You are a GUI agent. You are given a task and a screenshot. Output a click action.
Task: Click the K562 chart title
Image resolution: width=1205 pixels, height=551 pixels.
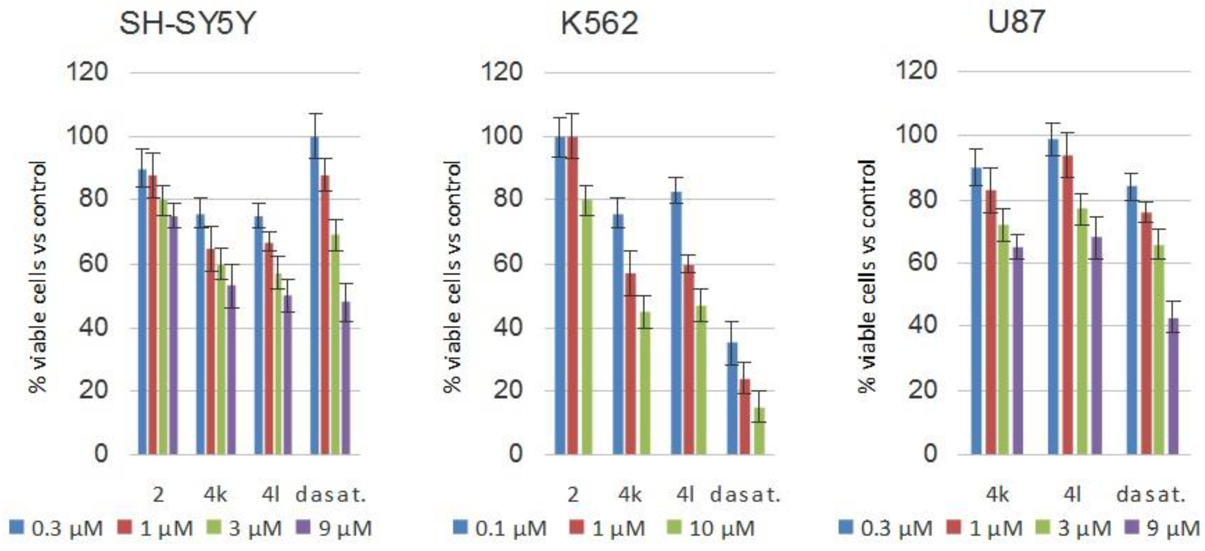coord(599,23)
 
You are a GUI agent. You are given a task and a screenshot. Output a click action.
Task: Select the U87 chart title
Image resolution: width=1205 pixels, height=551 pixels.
coord(1015,23)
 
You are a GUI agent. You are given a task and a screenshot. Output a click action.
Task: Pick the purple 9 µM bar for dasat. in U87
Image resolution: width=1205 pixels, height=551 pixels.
coord(1173,386)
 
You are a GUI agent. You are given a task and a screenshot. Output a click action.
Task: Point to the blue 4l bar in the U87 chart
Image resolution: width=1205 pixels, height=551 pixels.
coord(1053,296)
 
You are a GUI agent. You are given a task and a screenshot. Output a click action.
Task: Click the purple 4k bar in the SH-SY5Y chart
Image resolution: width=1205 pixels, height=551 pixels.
coord(231,369)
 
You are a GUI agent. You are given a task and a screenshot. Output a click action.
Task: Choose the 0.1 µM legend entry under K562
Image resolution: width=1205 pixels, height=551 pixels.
coord(501,528)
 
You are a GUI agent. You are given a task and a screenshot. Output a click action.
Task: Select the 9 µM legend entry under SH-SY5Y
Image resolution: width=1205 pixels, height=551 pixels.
coord(335,528)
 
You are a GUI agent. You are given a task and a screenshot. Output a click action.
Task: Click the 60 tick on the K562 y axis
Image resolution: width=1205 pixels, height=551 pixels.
coord(508,263)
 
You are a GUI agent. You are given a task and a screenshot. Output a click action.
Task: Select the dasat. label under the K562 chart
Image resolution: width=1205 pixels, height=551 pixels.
coord(746,495)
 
